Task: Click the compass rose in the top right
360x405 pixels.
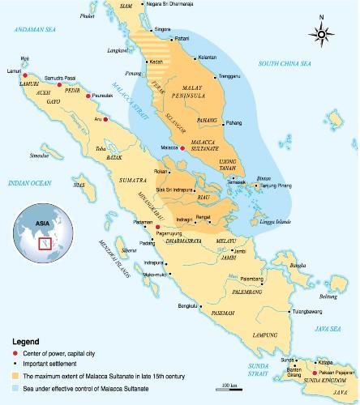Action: coord(322,34)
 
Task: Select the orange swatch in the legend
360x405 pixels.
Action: coord(14,377)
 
